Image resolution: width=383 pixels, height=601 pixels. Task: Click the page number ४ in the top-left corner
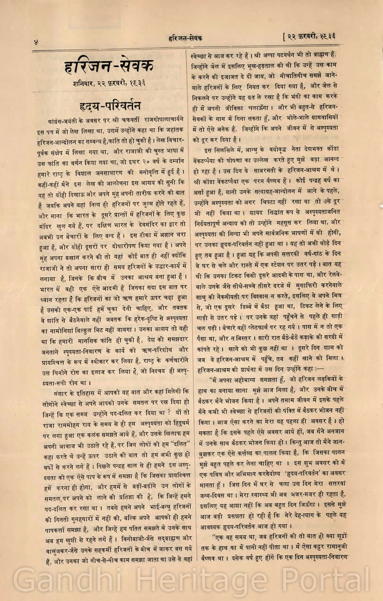pyautogui.click(x=35, y=42)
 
